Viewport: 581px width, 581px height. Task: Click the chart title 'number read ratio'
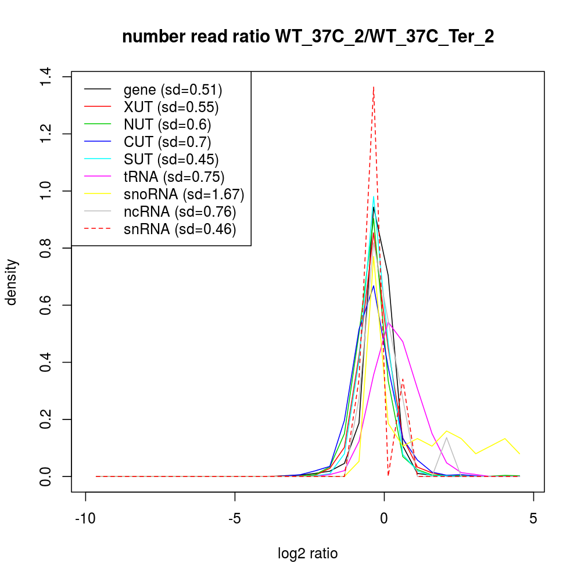pyautogui.click(x=308, y=37)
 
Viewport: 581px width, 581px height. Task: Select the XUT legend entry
pyautogui.click(x=171, y=107)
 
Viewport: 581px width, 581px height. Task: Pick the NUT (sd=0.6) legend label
pyautogui.click(x=167, y=124)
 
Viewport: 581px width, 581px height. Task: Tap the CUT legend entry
pyautogui.click(x=167, y=142)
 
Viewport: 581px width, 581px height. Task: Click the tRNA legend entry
pyautogui.click(x=174, y=177)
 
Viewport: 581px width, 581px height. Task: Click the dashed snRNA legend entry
pyautogui.click(x=180, y=229)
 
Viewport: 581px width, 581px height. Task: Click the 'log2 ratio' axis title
pyautogui.click(x=308, y=553)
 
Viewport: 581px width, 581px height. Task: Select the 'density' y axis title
pyautogui.click(x=13, y=282)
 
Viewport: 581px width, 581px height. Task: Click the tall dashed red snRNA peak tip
pyautogui.click(x=374, y=87)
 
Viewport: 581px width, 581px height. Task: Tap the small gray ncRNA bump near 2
pyautogui.click(x=446, y=437)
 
